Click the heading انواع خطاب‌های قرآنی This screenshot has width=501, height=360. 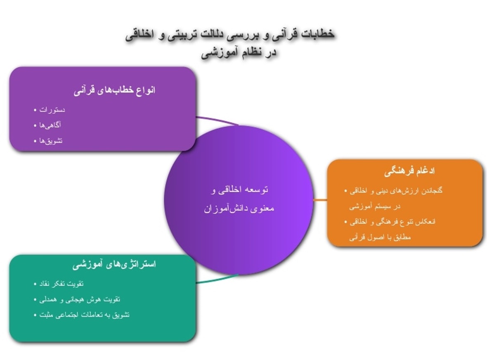pyautogui.click(x=114, y=90)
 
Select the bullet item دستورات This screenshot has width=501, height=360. pyautogui.click(x=52, y=110)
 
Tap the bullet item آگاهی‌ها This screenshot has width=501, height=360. pyautogui.click(x=50, y=125)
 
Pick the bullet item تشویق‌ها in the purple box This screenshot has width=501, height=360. pyautogui.click(x=51, y=141)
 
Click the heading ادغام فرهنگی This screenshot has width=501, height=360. pyautogui.click(x=409, y=172)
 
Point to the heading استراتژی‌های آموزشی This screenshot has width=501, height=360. pyautogui.click(x=114, y=265)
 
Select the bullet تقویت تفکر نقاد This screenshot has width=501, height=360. pyautogui.click(x=61, y=284)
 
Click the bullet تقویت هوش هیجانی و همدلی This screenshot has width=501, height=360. pyautogui.click(x=80, y=300)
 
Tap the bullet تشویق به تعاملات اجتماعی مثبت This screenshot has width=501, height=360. pyautogui.click(x=85, y=315)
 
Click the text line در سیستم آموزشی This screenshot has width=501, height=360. pyautogui.click(x=375, y=206)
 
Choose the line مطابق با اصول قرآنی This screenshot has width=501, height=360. pyautogui.click(x=380, y=237)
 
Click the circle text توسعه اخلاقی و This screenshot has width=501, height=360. pyautogui.click(x=239, y=190)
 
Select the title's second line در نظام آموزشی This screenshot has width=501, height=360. pyautogui.click(x=239, y=53)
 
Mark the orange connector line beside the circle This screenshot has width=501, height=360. pyautogui.click(x=320, y=200)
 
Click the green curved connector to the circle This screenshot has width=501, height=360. pyautogui.click(x=217, y=279)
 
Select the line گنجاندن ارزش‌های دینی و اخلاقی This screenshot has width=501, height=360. pyautogui.click(x=396, y=191)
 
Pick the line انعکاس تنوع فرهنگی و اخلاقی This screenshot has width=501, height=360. pyautogui.click(x=392, y=222)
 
